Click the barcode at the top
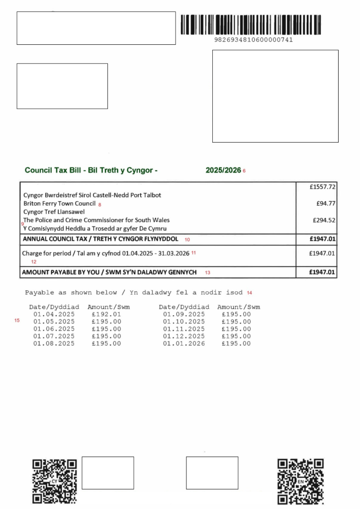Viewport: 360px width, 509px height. [x=251, y=24]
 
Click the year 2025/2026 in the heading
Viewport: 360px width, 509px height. [x=223, y=170]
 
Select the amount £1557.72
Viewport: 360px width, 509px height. [x=322, y=187]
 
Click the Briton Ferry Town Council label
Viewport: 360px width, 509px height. [x=59, y=204]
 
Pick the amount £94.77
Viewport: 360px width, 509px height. [x=326, y=203]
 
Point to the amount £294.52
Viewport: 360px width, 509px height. [x=324, y=220]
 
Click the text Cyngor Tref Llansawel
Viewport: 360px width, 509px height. [x=54, y=212]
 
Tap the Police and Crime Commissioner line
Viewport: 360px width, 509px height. [x=96, y=220]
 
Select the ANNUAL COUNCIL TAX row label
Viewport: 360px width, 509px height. [x=100, y=239]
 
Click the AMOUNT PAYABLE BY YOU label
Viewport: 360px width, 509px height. [x=109, y=272]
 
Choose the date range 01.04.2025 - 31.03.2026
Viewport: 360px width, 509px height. [x=156, y=254]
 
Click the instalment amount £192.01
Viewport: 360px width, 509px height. [x=106, y=315]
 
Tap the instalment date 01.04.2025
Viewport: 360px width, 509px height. [x=54, y=315]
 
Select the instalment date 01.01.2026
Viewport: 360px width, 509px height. [x=183, y=343]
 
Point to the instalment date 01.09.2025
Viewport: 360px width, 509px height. [x=183, y=315]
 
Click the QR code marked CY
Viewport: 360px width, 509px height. [x=55, y=481]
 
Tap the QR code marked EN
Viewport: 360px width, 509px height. [x=301, y=481]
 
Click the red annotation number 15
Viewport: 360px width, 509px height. [x=17, y=321]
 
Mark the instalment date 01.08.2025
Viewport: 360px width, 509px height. [x=54, y=343]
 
